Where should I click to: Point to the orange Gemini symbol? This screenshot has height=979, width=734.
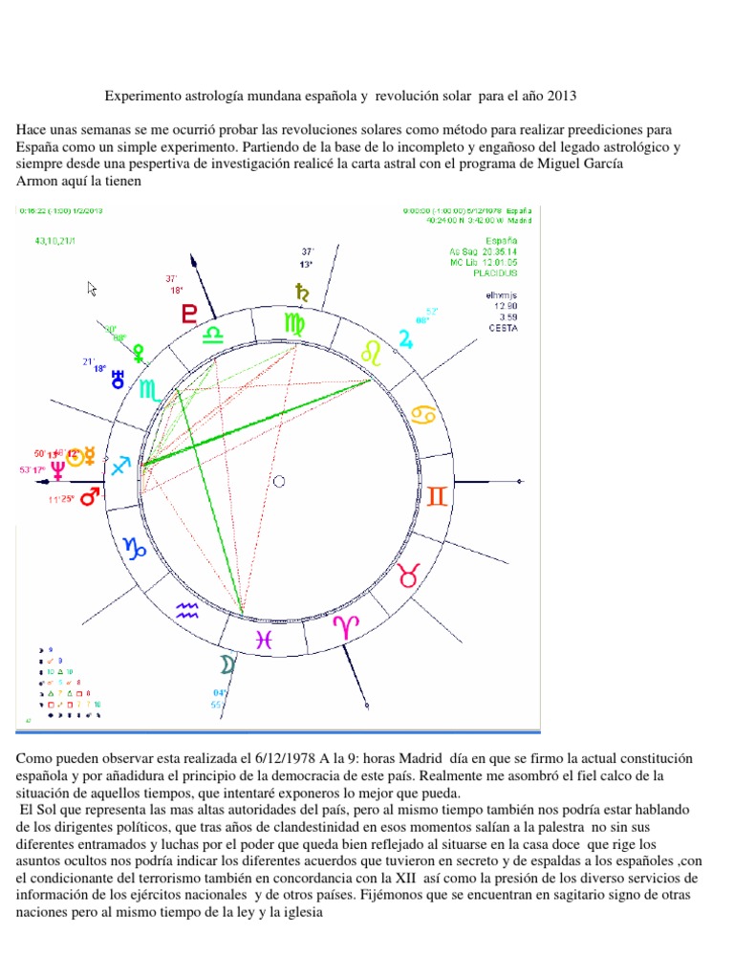(x=436, y=497)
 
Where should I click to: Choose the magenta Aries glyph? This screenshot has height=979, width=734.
(x=345, y=626)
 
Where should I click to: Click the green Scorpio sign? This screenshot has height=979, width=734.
(x=150, y=390)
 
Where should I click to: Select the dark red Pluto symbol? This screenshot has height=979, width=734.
(x=191, y=313)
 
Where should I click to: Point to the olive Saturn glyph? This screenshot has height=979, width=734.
(x=304, y=292)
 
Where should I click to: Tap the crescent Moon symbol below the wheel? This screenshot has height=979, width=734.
(x=227, y=664)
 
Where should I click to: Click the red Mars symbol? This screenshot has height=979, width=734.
(x=90, y=497)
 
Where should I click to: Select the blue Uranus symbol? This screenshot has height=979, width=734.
(x=119, y=378)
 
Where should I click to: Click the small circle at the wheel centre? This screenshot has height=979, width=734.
(x=278, y=481)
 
